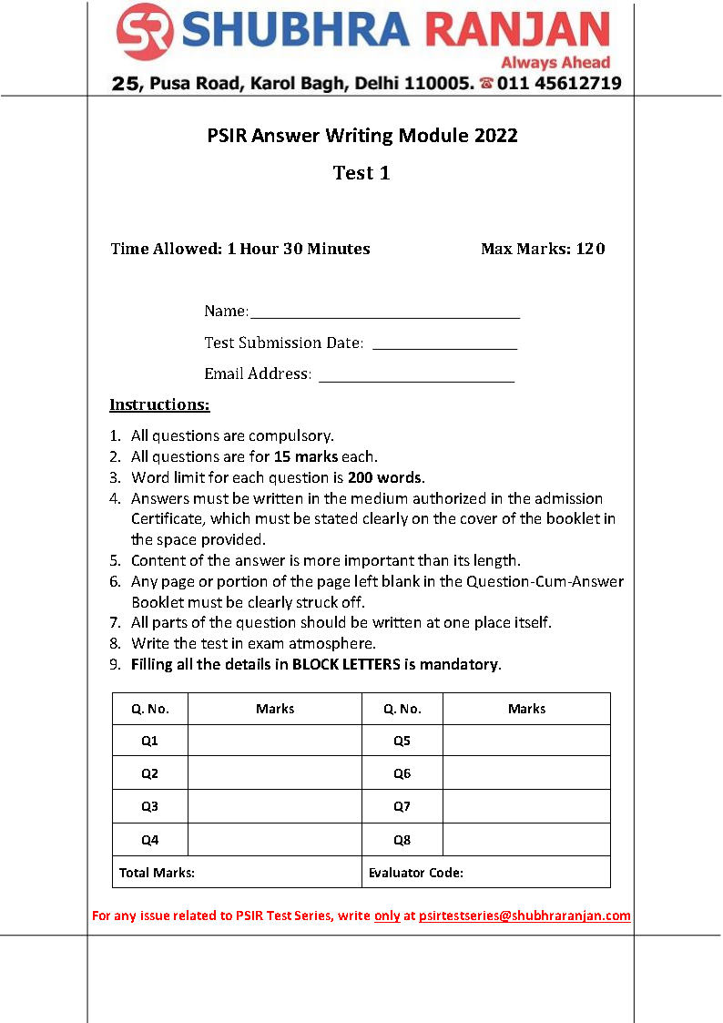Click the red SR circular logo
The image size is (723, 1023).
coord(146,32)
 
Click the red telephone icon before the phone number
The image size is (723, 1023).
coord(486,83)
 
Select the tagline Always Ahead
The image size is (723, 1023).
coord(555,63)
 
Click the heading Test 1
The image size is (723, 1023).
coord(361,173)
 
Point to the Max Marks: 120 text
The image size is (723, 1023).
coord(543,249)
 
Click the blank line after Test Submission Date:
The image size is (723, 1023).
coord(444,345)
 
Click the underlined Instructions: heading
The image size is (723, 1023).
coord(159,404)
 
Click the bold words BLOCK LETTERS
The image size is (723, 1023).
coord(346,664)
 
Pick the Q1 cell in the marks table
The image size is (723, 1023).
coord(150,741)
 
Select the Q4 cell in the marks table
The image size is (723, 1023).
coord(150,839)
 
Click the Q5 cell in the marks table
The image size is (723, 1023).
coord(402,741)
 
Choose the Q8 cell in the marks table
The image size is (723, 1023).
coord(402,839)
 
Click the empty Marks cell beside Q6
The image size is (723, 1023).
coord(526,773)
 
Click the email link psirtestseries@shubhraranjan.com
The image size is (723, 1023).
coord(524,916)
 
